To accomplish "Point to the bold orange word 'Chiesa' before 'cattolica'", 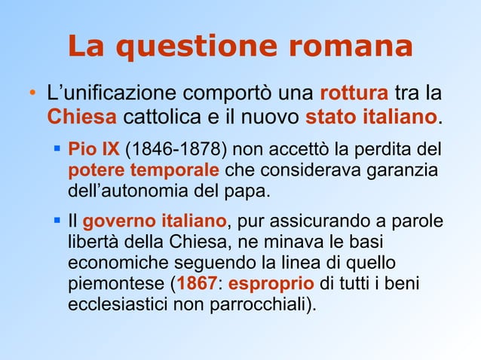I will point(81,119).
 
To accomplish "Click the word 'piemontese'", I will point(113,286).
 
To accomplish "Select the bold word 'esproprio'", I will point(271,286).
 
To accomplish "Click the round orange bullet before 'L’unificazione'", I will point(32,96).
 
